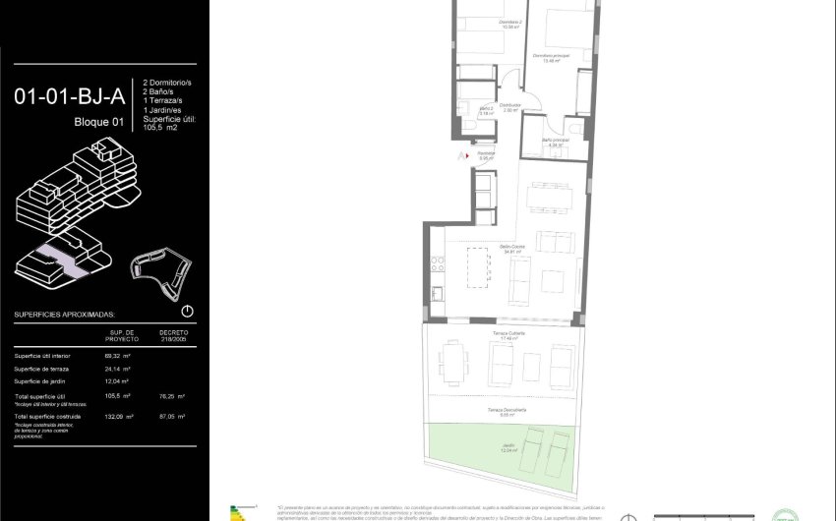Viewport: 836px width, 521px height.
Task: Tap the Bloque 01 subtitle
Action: tap(99, 122)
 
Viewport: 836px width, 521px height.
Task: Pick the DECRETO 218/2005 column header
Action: tap(173, 336)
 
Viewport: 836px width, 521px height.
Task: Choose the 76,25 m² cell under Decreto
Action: tap(173, 396)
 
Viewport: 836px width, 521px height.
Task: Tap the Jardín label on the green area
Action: tap(508, 447)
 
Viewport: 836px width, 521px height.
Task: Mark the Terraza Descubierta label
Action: tap(508, 410)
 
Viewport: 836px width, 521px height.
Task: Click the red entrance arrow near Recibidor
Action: tap(458, 155)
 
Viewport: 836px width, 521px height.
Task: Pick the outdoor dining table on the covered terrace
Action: tap(452, 361)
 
